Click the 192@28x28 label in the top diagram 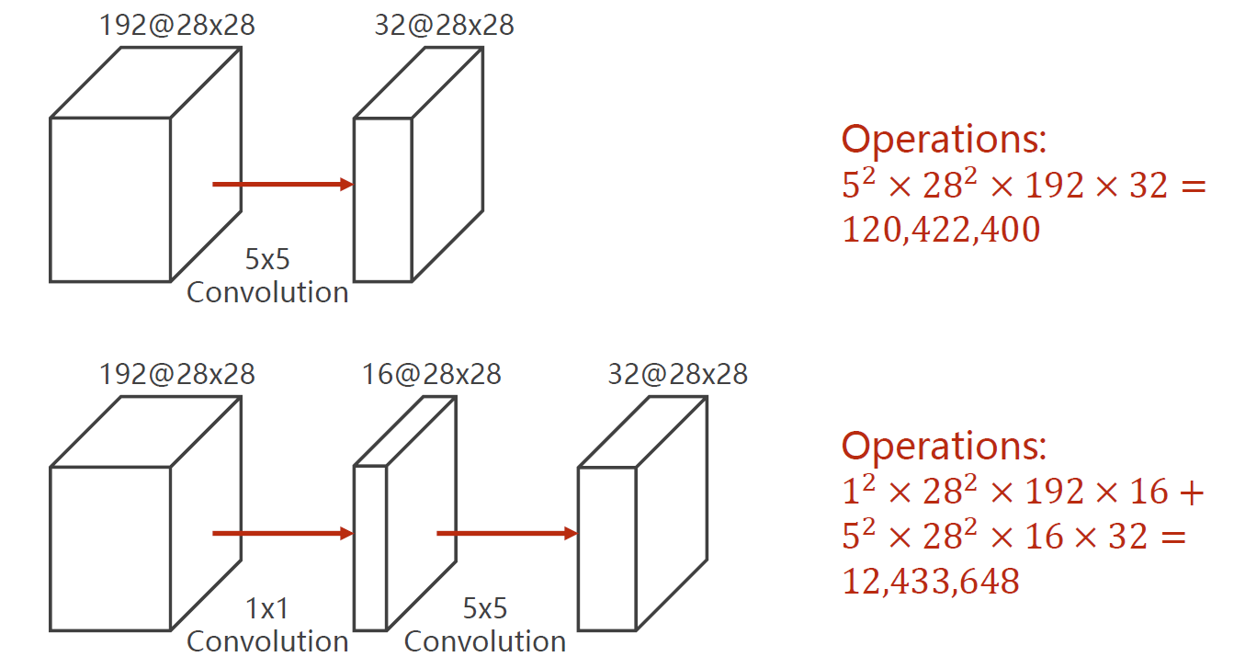point(177,25)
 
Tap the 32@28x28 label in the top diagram point(444,25)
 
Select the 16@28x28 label point(431,374)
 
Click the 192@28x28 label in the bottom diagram point(177,374)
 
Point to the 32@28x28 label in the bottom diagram point(677,374)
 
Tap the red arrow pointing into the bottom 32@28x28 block point(506,534)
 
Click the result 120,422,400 point(941,230)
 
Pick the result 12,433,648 point(931,581)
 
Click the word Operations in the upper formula point(944,140)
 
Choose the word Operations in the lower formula point(944,446)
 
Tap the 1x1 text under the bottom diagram point(266,609)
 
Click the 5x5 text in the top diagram point(266,260)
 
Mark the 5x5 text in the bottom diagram point(484,609)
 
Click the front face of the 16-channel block point(370,548)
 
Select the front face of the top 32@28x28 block point(382,198)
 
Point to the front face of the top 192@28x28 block point(110,198)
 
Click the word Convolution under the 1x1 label point(267,641)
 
